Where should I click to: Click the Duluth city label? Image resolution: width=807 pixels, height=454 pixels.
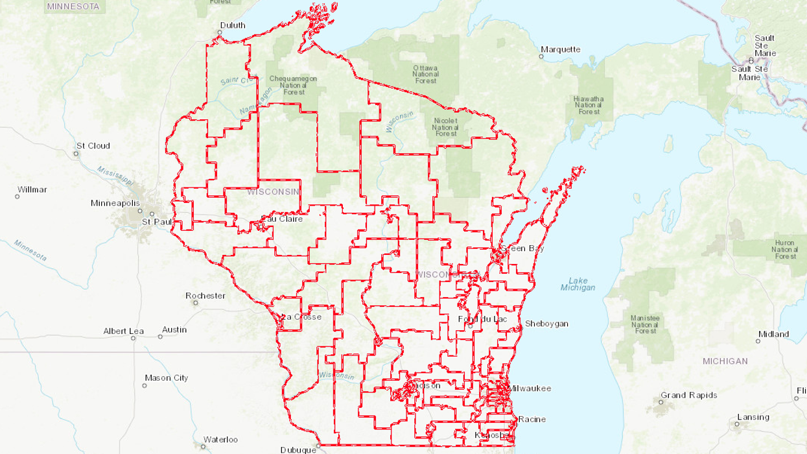click(x=233, y=25)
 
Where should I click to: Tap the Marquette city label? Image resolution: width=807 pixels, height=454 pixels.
click(x=561, y=49)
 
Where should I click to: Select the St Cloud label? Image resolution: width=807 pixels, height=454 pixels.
click(x=93, y=146)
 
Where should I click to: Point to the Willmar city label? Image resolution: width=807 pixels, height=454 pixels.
click(x=32, y=190)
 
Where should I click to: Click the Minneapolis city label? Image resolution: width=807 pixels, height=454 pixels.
click(x=115, y=203)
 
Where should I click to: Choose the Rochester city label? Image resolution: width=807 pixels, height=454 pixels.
click(x=205, y=296)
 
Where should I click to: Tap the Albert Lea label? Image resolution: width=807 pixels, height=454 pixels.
click(x=123, y=331)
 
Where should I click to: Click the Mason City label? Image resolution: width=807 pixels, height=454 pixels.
click(x=167, y=378)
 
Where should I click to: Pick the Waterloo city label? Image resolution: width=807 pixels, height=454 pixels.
click(x=220, y=440)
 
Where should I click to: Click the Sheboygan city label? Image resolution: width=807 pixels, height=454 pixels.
click(x=546, y=324)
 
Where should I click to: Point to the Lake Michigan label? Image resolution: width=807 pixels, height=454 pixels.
click(x=578, y=284)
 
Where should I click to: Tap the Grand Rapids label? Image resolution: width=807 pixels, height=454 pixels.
click(x=688, y=396)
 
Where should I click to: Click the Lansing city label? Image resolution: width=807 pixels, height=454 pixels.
click(x=753, y=417)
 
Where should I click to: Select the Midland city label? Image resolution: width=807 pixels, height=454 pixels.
click(x=774, y=335)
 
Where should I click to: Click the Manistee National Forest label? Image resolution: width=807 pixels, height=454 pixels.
click(x=646, y=324)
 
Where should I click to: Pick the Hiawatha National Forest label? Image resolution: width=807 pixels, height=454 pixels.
click(x=589, y=105)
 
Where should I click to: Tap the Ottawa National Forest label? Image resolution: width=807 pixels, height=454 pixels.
click(x=426, y=74)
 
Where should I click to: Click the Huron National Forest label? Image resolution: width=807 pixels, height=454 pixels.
click(x=784, y=250)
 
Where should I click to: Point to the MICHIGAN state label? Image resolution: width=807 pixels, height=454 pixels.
click(x=725, y=361)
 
